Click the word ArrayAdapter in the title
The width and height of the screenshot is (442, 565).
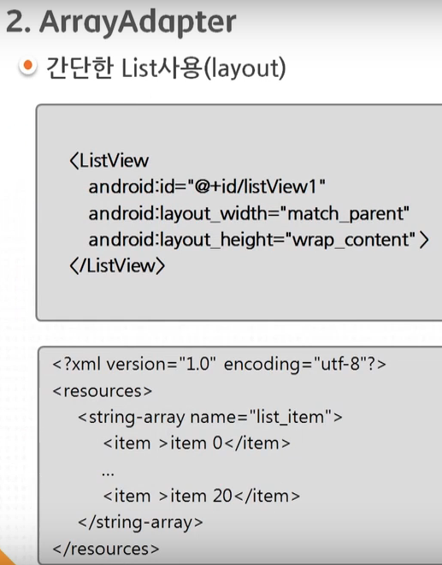tap(138, 23)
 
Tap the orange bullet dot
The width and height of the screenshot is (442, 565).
tap(27, 66)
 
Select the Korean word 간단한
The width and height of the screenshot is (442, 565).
tap(80, 68)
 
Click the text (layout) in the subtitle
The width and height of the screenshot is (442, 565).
tap(245, 68)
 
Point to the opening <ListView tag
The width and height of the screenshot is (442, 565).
tap(109, 160)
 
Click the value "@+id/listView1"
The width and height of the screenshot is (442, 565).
tap(256, 187)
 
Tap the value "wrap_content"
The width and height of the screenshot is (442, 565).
tap(351, 240)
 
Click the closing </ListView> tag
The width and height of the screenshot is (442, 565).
tap(117, 266)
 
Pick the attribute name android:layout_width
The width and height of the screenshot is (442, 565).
tap(177, 213)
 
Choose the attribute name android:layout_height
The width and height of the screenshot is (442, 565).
tap(180, 240)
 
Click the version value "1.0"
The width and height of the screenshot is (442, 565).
tap(197, 364)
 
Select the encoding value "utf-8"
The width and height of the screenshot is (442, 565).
tap(339, 364)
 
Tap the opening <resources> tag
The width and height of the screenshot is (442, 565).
tap(103, 391)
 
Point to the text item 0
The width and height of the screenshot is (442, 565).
tap(197, 443)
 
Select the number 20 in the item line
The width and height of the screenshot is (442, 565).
tap(222, 497)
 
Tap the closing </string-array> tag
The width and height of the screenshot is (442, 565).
tap(141, 522)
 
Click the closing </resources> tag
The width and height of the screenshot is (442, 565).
tap(106, 549)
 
